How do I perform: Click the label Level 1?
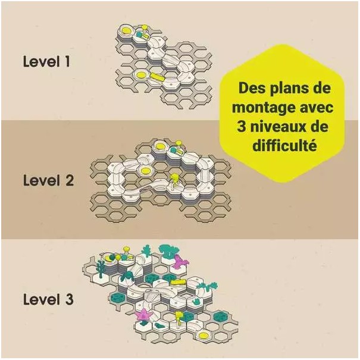point(46,61)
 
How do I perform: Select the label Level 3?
point(48,299)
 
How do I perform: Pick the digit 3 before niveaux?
point(242,127)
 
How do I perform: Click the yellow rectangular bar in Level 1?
point(158,77)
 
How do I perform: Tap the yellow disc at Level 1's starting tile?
point(127,30)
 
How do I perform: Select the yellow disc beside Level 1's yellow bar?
point(141,74)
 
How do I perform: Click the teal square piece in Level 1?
point(139,34)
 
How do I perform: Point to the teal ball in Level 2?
point(174,151)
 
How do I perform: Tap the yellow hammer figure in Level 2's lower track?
point(174,180)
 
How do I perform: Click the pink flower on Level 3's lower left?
point(143,314)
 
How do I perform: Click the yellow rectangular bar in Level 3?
point(179,282)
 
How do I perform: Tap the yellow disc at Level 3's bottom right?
point(204,336)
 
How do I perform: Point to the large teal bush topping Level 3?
point(169,251)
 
